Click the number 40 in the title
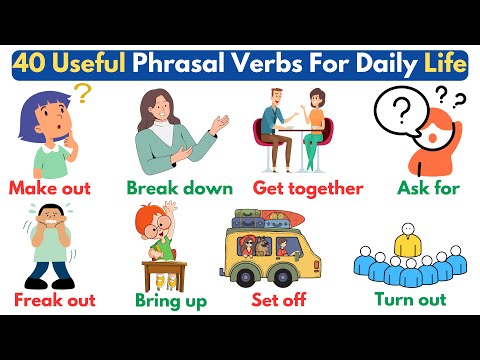pos(32,65)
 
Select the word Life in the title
pos(444,65)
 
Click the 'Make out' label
pos(50,187)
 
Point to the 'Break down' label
pos(180,188)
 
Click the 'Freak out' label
pos(52,299)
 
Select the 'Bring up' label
pos(172,299)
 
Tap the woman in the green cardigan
pos(165,130)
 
